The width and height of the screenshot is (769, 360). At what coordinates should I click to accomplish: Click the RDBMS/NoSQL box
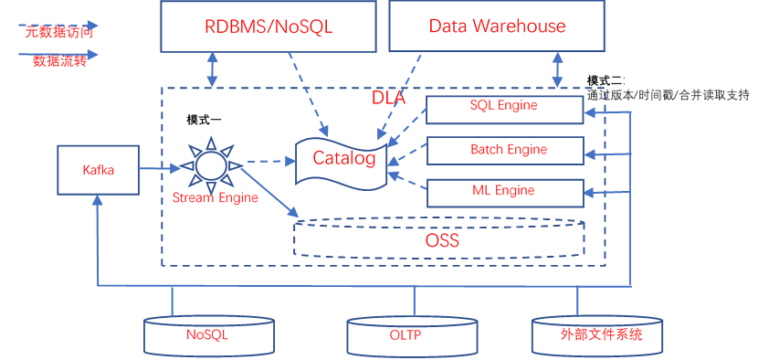269,26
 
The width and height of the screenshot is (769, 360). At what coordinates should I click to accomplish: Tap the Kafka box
98,170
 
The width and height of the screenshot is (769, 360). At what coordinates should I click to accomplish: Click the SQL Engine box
505,110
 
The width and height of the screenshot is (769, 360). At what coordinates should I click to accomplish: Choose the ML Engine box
505,193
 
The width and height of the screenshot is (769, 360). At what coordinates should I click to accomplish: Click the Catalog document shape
343,162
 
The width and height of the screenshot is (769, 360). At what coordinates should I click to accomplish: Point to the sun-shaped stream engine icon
211,165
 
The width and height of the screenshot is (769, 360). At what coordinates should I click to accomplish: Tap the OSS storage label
442,241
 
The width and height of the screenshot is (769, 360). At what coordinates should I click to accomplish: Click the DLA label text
388,98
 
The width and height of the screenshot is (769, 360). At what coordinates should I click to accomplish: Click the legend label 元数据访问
58,32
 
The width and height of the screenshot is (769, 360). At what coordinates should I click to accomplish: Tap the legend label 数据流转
60,61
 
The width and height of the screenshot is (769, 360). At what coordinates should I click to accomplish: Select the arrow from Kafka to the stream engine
160,168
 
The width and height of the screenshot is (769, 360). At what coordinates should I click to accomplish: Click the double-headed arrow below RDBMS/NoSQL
212,69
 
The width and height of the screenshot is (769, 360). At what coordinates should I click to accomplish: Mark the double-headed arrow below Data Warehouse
558,69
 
